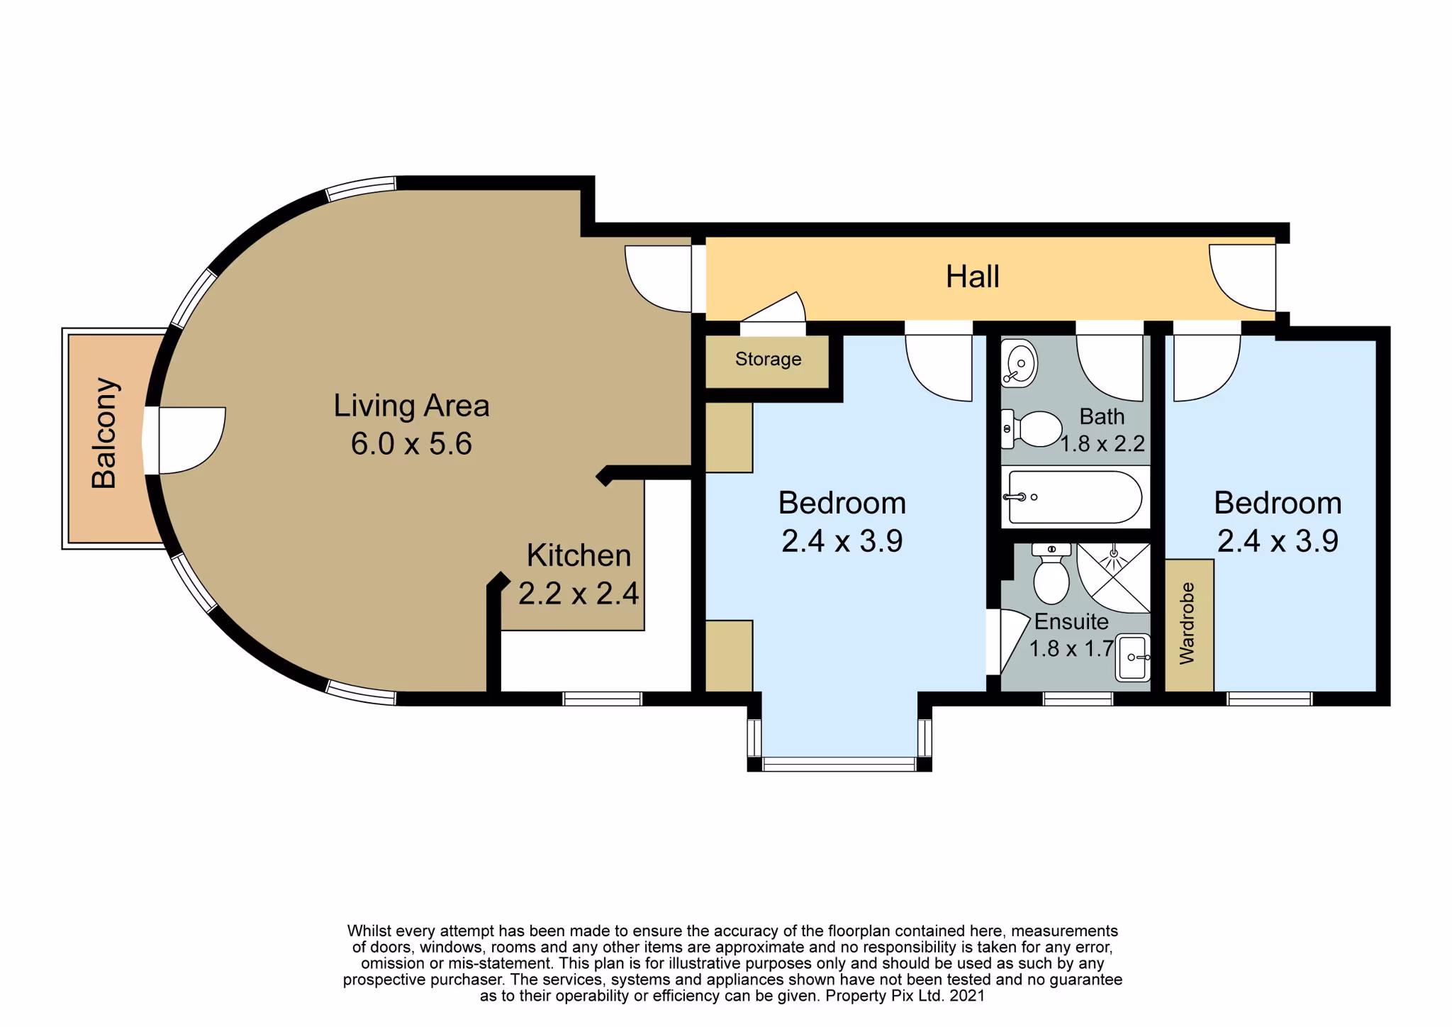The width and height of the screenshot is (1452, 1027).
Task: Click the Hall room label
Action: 972,276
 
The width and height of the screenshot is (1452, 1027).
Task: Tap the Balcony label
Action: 104,433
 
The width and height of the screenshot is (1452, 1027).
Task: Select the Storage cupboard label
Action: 768,359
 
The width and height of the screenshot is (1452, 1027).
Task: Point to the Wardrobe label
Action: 1186,623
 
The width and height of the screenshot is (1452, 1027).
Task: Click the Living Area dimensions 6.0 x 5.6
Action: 411,444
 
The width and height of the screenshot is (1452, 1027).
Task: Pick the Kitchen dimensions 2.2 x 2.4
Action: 579,594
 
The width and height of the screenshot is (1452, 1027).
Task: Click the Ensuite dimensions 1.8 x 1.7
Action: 1071,648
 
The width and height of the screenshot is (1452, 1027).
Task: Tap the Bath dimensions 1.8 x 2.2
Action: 1102,444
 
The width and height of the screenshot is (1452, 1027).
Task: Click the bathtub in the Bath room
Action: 1075,497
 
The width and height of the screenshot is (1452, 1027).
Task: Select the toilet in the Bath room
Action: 1032,428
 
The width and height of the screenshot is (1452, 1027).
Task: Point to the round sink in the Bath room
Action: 1019,363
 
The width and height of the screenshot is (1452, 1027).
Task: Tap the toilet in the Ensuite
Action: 1051,573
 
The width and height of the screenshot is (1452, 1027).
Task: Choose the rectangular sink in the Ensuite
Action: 1133,657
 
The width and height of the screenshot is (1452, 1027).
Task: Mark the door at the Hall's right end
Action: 1243,278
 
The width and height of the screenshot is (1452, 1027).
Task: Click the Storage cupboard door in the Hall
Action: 773,313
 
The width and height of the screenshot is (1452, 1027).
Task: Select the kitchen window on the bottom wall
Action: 602,699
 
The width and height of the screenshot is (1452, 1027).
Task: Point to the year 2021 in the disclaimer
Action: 967,996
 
